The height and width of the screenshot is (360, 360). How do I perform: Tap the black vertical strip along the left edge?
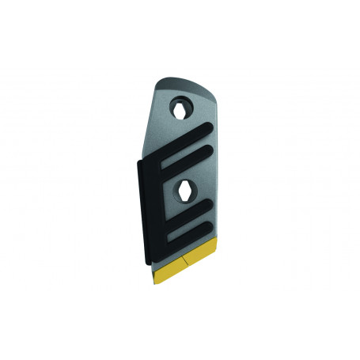[x=146, y=210]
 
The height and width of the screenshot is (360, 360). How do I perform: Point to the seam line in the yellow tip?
[x=183, y=260]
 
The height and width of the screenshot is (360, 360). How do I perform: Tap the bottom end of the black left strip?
[x=146, y=262]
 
